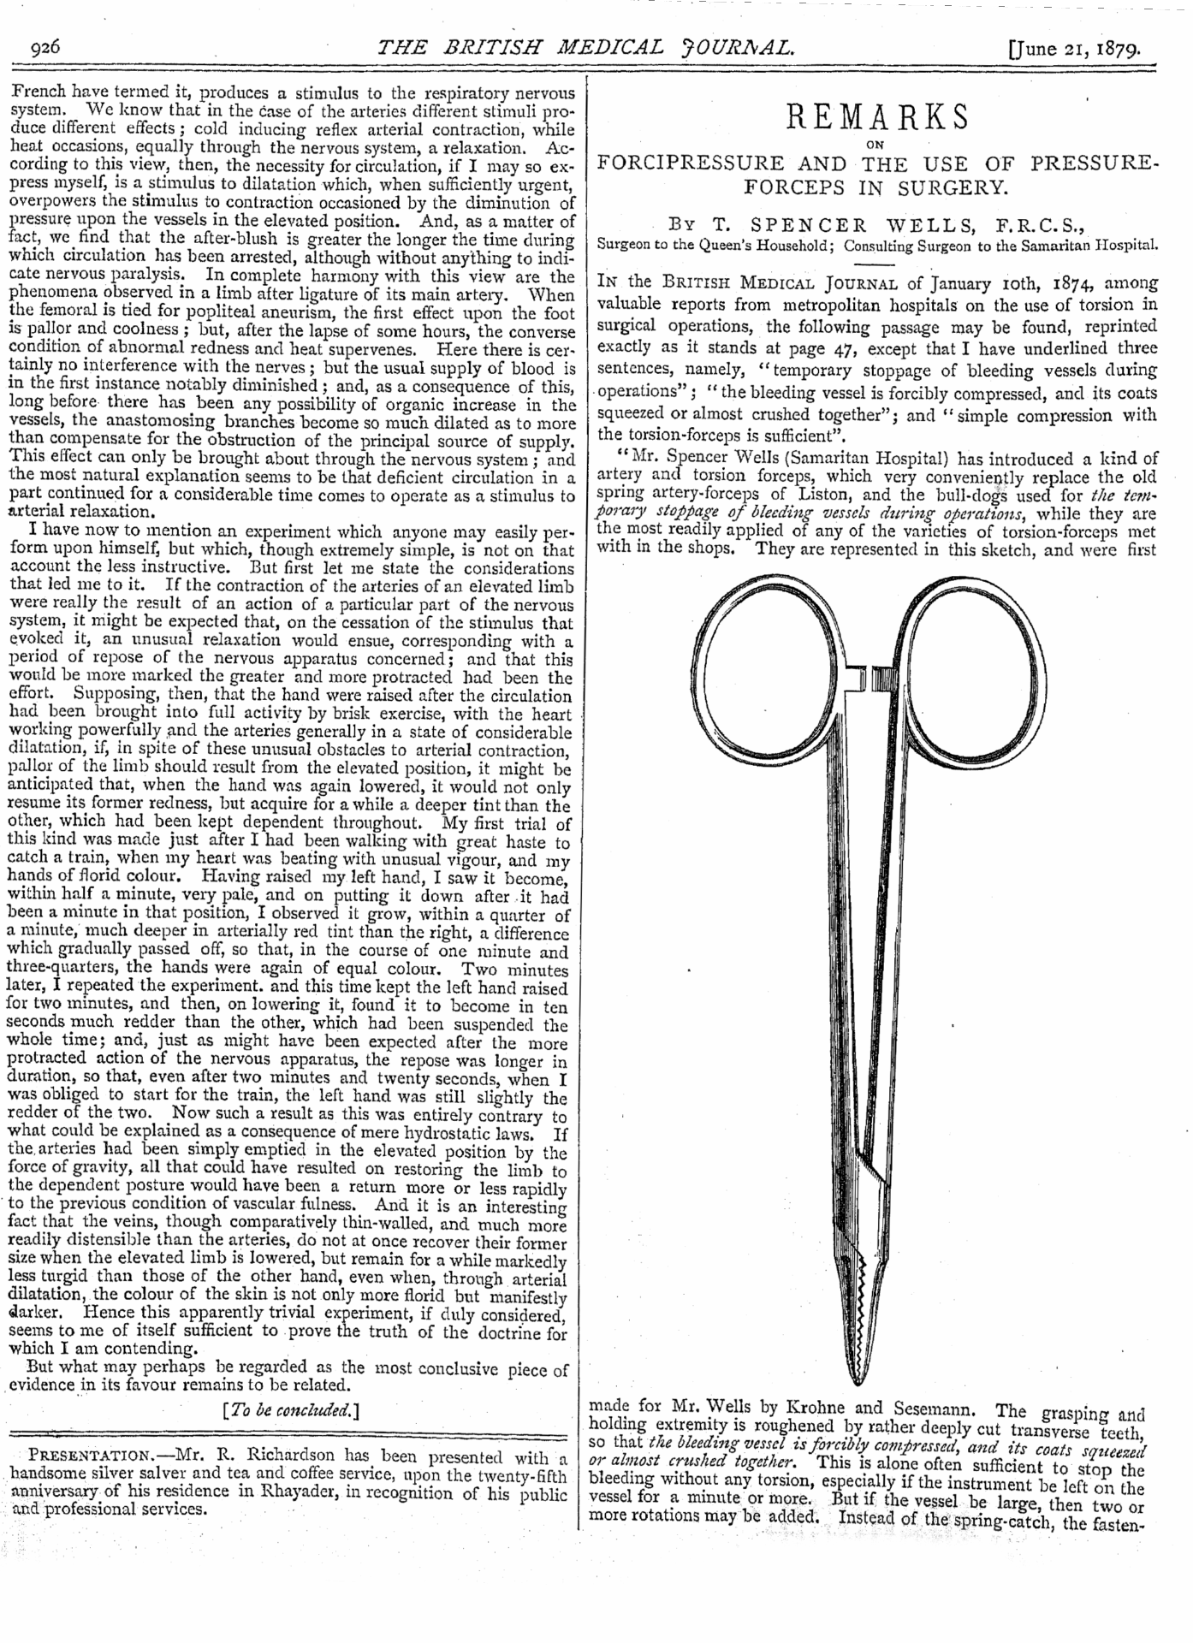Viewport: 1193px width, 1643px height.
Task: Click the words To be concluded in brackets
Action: [x=289, y=1411]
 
